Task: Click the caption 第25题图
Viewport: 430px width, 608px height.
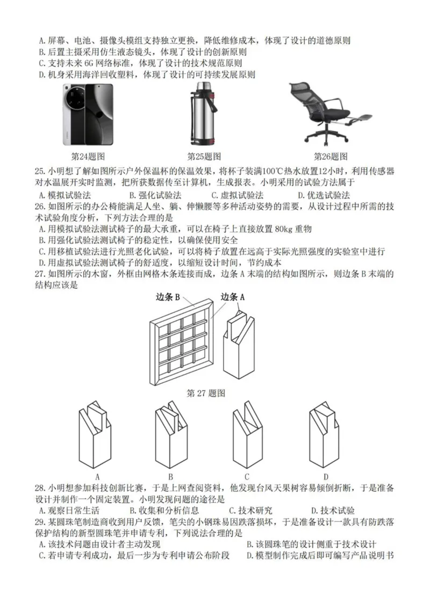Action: coord(204,157)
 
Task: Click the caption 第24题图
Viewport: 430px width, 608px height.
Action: coord(88,157)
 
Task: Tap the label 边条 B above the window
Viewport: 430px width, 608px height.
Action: coord(168,297)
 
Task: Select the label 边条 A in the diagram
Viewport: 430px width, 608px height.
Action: coord(234,297)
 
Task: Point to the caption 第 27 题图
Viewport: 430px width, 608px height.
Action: coord(206,393)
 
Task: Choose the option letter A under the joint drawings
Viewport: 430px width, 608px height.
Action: coord(97,476)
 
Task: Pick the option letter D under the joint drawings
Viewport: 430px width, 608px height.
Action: coord(326,476)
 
